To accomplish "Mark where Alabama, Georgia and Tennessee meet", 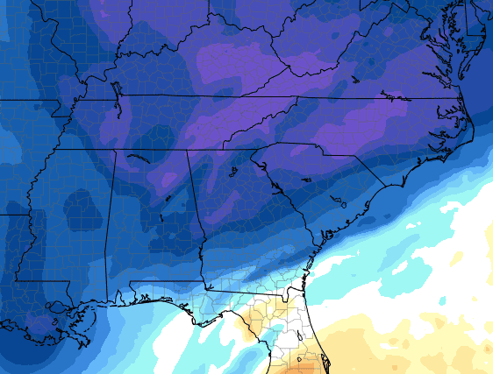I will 187,150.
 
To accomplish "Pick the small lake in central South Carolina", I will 305,180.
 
